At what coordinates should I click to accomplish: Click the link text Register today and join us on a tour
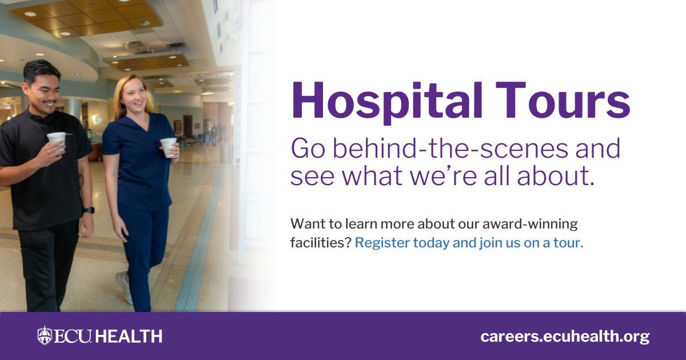click(x=469, y=242)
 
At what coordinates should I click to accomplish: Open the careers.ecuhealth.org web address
click(x=565, y=336)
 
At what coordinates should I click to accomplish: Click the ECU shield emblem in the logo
click(x=45, y=335)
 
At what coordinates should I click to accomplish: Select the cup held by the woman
click(x=168, y=146)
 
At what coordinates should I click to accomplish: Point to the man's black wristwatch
click(x=89, y=210)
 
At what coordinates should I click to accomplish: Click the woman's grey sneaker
click(x=125, y=287)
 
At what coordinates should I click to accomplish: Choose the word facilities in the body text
click(x=320, y=242)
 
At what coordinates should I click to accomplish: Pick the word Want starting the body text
click(x=305, y=223)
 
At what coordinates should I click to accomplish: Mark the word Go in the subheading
click(x=307, y=149)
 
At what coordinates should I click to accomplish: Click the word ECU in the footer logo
click(x=73, y=336)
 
